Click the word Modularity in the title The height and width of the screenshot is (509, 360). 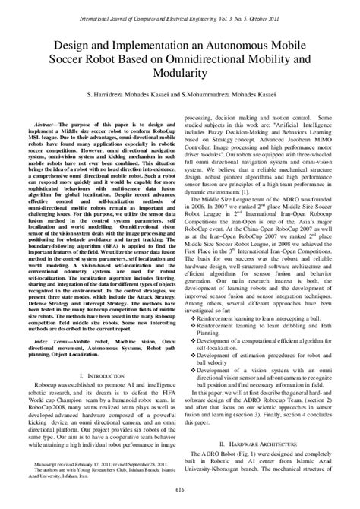180,74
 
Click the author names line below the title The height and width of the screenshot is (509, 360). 180,93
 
